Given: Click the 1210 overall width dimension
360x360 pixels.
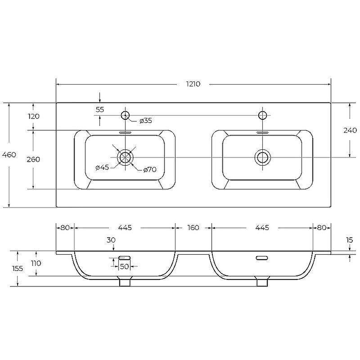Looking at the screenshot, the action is coord(193,84).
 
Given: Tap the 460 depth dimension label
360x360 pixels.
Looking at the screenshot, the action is coord(9,155).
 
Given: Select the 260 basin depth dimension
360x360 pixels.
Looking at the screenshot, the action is coord(33,159).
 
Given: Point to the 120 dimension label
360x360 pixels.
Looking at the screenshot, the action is coord(33,117).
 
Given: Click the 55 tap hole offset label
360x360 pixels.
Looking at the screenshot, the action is coord(100,110).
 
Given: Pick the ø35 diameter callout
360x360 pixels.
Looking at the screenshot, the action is coord(146,121).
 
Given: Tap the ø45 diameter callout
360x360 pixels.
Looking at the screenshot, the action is coord(102,167).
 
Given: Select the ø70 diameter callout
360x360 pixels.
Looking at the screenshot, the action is coord(150,170).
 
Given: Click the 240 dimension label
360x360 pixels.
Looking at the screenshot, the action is coord(350,130).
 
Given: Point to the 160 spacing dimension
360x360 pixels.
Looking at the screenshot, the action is coord(193,228).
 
